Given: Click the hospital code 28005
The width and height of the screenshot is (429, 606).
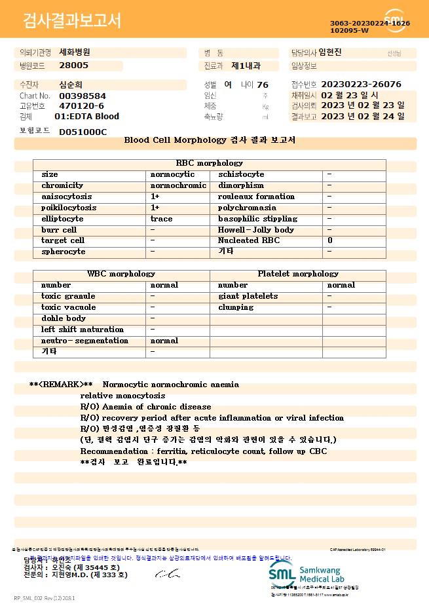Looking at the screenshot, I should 73,66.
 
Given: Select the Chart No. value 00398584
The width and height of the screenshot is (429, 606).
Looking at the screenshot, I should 83,96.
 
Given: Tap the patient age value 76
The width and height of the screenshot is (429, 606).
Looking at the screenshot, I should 263,85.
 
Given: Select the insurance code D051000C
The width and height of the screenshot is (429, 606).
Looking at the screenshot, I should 83,132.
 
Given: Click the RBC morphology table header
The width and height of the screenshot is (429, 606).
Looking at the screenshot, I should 210,163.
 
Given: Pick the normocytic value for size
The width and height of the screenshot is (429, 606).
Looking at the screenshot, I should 172,174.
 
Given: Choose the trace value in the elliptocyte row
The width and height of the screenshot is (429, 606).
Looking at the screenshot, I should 162,219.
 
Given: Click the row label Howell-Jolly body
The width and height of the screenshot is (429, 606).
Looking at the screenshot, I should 256,230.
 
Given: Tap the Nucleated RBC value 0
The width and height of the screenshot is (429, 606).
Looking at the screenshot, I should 330,241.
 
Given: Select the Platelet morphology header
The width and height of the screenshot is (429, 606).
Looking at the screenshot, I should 298,274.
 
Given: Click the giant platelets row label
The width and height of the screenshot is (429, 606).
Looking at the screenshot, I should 248,296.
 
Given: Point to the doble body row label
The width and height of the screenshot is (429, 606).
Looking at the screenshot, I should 64,318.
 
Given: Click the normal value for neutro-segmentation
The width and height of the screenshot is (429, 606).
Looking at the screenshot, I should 164,341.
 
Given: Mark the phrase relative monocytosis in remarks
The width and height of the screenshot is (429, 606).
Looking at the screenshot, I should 123,396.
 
